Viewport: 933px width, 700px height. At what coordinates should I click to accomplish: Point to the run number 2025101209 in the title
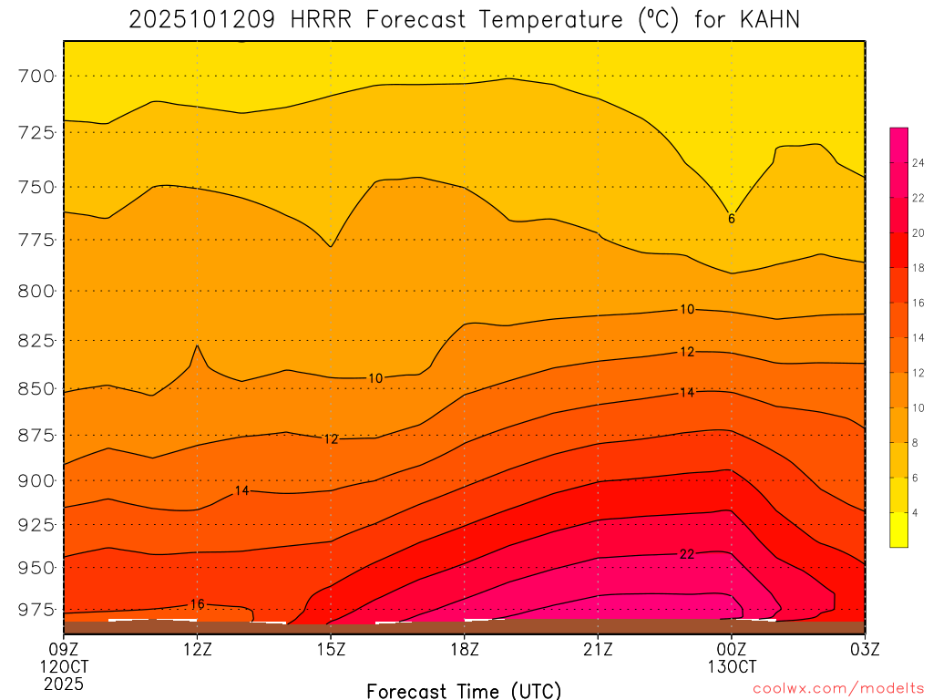[201, 20]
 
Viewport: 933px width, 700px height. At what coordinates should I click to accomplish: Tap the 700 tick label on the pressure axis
[37, 76]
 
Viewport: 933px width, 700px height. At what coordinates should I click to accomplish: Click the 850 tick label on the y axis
[37, 388]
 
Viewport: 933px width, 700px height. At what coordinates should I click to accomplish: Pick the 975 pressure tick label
[37, 609]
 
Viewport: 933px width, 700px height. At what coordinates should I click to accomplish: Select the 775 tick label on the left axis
[37, 240]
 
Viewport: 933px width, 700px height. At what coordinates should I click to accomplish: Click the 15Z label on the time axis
[331, 649]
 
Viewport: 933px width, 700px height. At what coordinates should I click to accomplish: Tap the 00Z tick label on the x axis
[731, 649]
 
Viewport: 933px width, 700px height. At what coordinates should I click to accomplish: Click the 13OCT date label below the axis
[731, 666]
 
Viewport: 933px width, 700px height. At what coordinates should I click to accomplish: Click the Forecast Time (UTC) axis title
[464, 690]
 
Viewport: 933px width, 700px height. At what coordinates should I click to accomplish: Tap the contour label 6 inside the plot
[731, 219]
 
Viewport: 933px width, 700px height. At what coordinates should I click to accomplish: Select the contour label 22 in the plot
[687, 554]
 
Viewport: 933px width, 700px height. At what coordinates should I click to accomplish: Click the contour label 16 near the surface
[198, 604]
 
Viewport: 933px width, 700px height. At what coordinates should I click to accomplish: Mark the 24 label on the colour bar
[918, 162]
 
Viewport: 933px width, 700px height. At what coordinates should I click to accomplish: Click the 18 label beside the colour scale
[918, 267]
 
